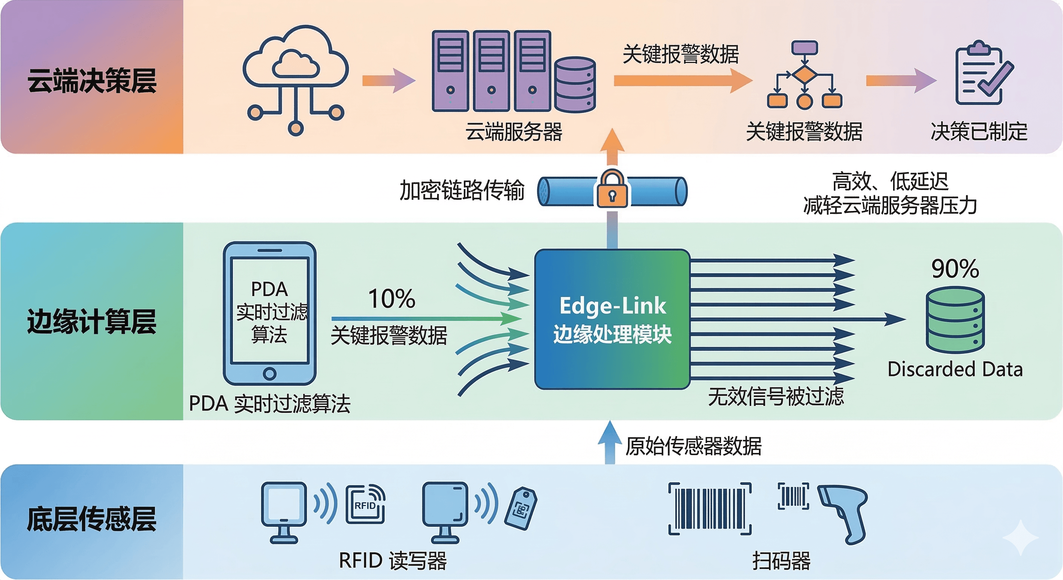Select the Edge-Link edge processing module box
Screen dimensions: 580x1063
pos(612,319)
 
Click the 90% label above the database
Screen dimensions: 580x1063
pos(955,269)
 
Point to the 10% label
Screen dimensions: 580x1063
pos(391,298)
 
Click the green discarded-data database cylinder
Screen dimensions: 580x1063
pos(955,320)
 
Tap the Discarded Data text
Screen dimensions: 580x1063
pos(955,369)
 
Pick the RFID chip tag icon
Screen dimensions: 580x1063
pos(365,504)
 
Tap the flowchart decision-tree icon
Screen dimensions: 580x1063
pos(804,76)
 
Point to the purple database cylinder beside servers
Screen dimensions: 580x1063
pos(575,85)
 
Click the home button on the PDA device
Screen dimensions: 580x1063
pos(270,373)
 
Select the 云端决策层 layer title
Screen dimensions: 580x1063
pos(92,80)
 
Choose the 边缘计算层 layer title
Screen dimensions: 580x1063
pos(92,321)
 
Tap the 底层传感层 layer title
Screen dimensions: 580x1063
pos(92,519)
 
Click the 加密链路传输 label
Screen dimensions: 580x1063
pos(462,190)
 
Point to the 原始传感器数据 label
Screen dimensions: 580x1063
pos(693,446)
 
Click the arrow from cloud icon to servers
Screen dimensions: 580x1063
pos(388,80)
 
